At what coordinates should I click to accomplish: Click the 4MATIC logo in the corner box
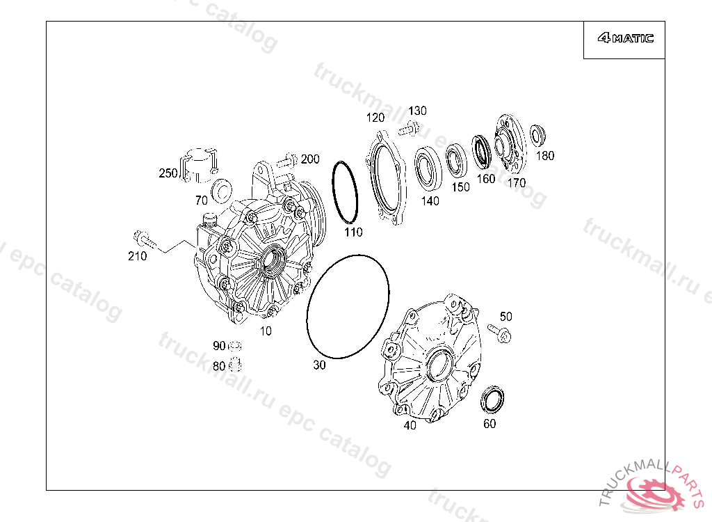point(625,39)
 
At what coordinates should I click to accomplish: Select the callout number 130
point(417,111)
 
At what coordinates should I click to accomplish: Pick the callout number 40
point(410,425)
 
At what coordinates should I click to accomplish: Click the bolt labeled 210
point(145,239)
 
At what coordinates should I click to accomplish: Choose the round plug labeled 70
point(222,189)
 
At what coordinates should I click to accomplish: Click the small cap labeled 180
point(537,134)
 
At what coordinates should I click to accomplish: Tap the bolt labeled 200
point(286,161)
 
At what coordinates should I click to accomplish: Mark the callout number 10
point(266,331)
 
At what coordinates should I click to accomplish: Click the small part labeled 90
point(235,346)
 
